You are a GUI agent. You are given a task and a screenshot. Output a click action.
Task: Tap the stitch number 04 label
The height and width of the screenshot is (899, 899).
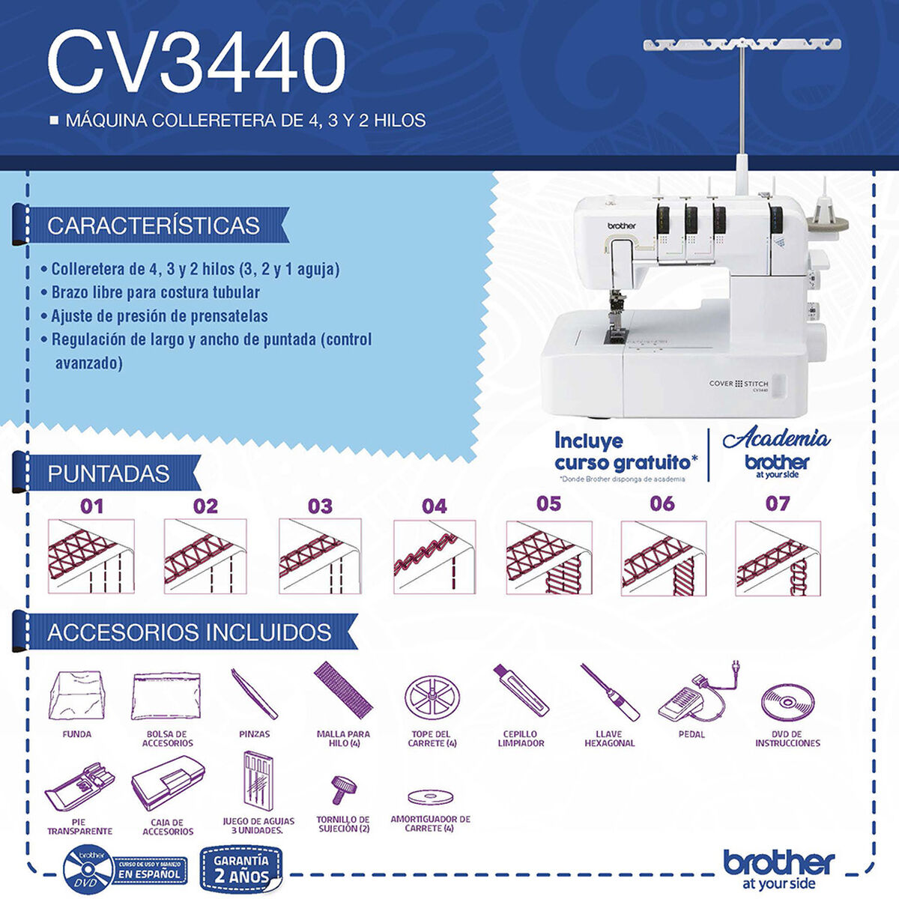point(434,506)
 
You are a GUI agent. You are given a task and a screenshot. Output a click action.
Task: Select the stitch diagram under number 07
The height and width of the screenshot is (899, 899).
point(778,558)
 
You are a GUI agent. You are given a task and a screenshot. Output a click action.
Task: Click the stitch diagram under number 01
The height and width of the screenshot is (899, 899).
point(91,556)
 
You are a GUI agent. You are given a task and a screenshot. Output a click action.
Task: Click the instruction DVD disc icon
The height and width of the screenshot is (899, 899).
point(788,702)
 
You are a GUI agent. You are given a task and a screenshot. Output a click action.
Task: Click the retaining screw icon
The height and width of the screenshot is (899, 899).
point(343,788)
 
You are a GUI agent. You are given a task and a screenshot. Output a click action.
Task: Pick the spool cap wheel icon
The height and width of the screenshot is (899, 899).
point(432,697)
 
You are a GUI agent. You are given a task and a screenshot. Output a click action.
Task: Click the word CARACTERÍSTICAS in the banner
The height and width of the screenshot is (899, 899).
point(153,225)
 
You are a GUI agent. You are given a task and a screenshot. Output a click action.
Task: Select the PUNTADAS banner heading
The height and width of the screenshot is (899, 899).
point(108,473)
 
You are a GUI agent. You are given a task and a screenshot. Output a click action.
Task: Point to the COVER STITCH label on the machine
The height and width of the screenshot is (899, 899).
point(738,384)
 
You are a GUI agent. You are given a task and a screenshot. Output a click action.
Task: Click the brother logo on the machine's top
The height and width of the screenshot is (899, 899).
point(621,225)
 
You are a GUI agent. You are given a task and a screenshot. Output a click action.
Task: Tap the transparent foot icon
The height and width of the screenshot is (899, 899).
point(80,788)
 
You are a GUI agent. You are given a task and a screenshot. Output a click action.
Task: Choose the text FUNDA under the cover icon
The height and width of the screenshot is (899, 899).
point(77,734)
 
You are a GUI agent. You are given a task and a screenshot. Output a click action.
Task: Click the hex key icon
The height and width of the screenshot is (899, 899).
point(610,692)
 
